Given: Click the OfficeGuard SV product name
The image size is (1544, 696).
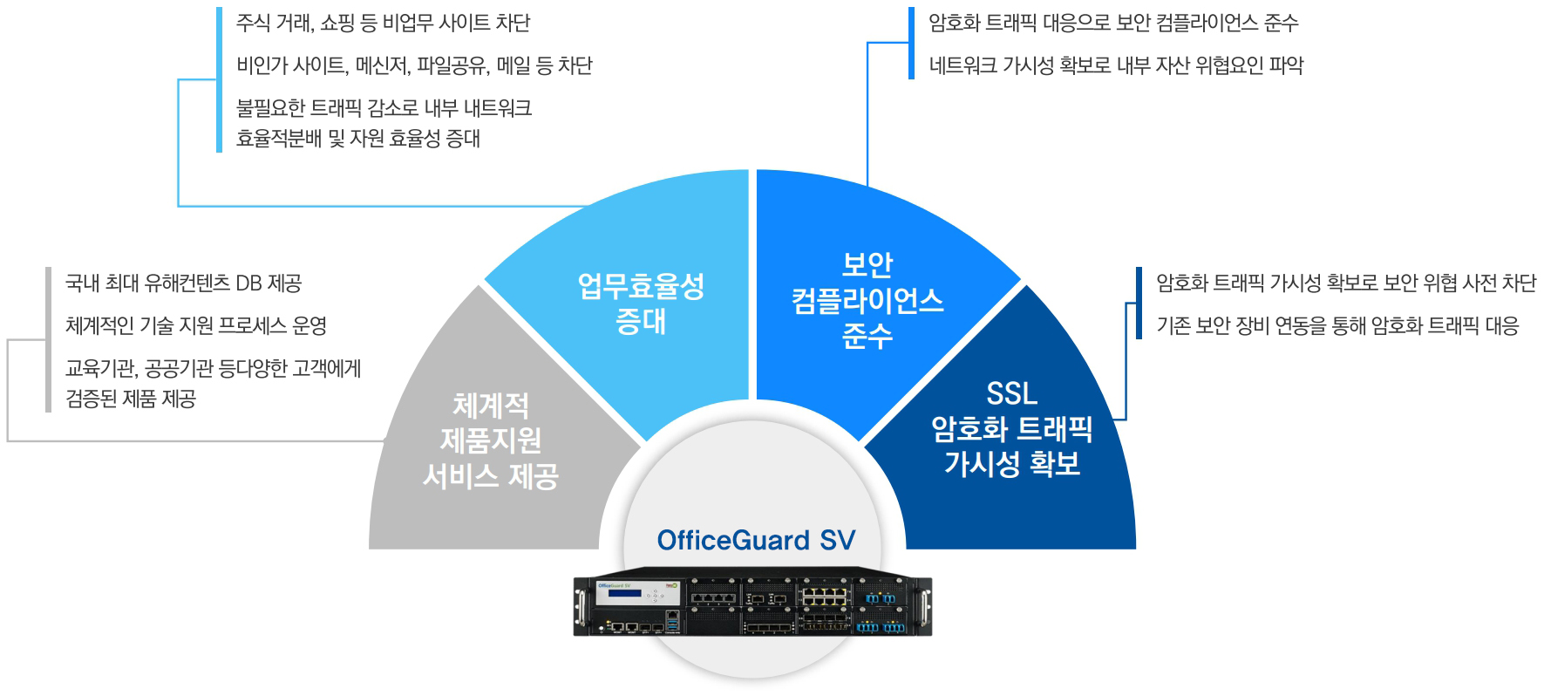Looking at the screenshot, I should (x=756, y=540).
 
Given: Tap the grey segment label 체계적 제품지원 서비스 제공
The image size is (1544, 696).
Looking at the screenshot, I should (x=490, y=440).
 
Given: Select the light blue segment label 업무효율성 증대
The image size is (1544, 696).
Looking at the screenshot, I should (x=641, y=304).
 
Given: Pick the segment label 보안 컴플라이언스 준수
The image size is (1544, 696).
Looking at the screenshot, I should (x=867, y=300).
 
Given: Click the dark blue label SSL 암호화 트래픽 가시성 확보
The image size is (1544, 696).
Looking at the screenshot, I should (x=1011, y=428).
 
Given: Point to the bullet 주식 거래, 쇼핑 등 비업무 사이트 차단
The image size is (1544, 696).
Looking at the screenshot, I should (x=383, y=23).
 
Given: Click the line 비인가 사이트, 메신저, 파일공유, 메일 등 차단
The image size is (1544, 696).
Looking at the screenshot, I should (x=414, y=65).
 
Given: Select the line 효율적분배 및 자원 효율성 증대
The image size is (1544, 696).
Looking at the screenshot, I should (x=358, y=139).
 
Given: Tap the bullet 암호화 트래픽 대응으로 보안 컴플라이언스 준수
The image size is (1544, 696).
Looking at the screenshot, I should (x=1113, y=23).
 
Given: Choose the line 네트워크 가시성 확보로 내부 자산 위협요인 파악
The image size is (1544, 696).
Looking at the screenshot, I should (x=1116, y=65).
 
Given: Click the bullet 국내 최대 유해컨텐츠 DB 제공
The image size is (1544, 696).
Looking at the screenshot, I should (x=183, y=283).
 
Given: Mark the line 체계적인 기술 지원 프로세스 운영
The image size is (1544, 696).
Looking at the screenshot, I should (x=196, y=326).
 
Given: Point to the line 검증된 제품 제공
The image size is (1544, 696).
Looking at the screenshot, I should (x=131, y=399).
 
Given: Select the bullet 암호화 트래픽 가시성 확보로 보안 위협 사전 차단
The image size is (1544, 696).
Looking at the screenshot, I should (x=1345, y=283).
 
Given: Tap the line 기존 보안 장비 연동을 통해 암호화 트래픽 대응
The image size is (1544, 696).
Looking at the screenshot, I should (x=1337, y=326).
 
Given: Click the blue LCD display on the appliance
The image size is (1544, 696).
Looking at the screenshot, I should (x=624, y=594).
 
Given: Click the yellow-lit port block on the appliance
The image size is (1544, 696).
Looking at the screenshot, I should (x=824, y=596).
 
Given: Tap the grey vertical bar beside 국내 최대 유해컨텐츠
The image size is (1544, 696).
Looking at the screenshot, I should (x=49, y=339).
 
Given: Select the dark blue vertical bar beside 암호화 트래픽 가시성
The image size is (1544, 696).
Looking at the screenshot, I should (x=1139, y=304).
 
